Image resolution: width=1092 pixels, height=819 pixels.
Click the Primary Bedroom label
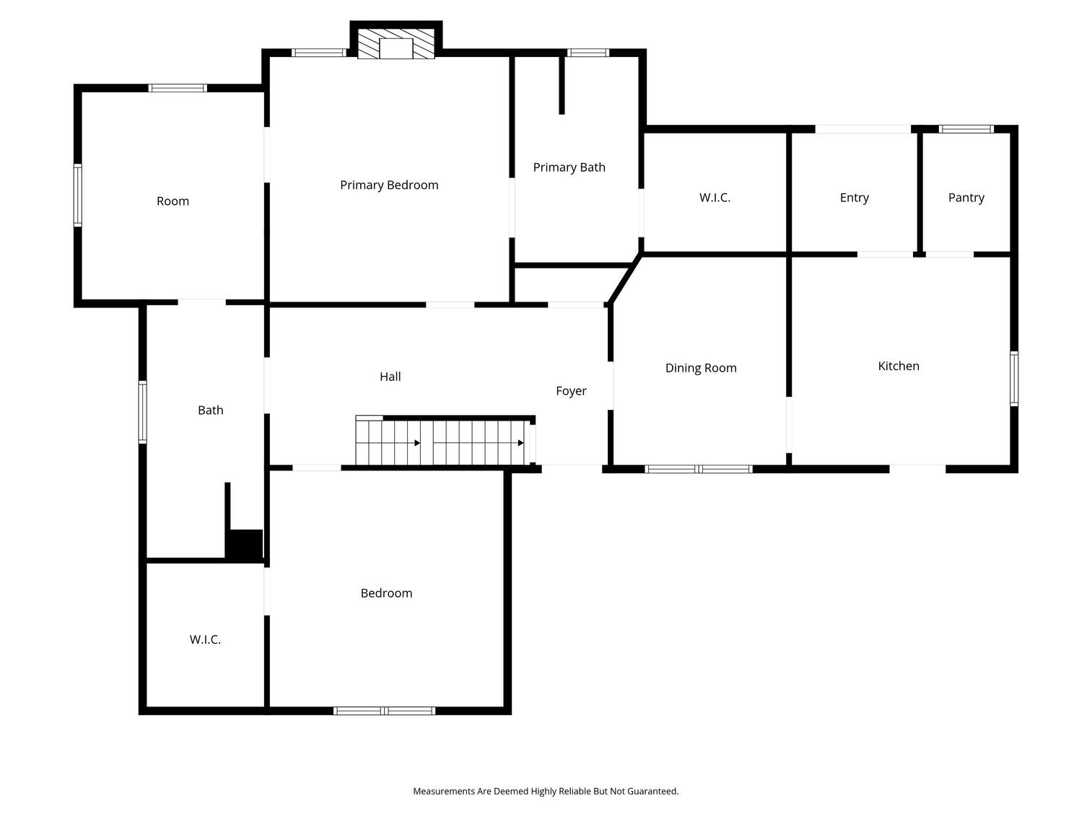(x=389, y=185)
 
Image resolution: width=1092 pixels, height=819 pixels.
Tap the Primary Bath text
(x=569, y=167)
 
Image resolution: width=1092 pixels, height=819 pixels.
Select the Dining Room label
(x=701, y=368)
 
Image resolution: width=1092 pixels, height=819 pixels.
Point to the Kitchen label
(x=899, y=366)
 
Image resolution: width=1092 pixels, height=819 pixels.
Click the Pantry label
(x=966, y=198)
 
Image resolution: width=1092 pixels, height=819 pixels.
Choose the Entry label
(x=855, y=198)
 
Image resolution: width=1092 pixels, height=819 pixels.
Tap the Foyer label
(x=571, y=391)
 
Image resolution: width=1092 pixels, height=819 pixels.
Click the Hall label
(x=390, y=377)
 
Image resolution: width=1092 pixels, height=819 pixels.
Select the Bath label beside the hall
(x=211, y=411)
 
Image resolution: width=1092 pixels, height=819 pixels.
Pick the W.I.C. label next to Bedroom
(x=205, y=639)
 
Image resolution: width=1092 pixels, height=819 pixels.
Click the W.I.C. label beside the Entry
(x=715, y=198)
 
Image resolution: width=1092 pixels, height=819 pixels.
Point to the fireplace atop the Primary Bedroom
(x=396, y=44)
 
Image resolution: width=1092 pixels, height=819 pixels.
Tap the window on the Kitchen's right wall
(x=1014, y=379)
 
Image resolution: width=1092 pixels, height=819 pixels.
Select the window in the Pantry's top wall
(x=966, y=129)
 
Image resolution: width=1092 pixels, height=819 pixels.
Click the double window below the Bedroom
(x=384, y=711)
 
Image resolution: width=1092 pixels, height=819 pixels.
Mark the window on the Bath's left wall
(x=143, y=412)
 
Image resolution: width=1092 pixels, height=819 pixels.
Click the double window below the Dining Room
(x=699, y=469)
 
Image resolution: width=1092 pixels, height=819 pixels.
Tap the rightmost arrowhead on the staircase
(x=520, y=443)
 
